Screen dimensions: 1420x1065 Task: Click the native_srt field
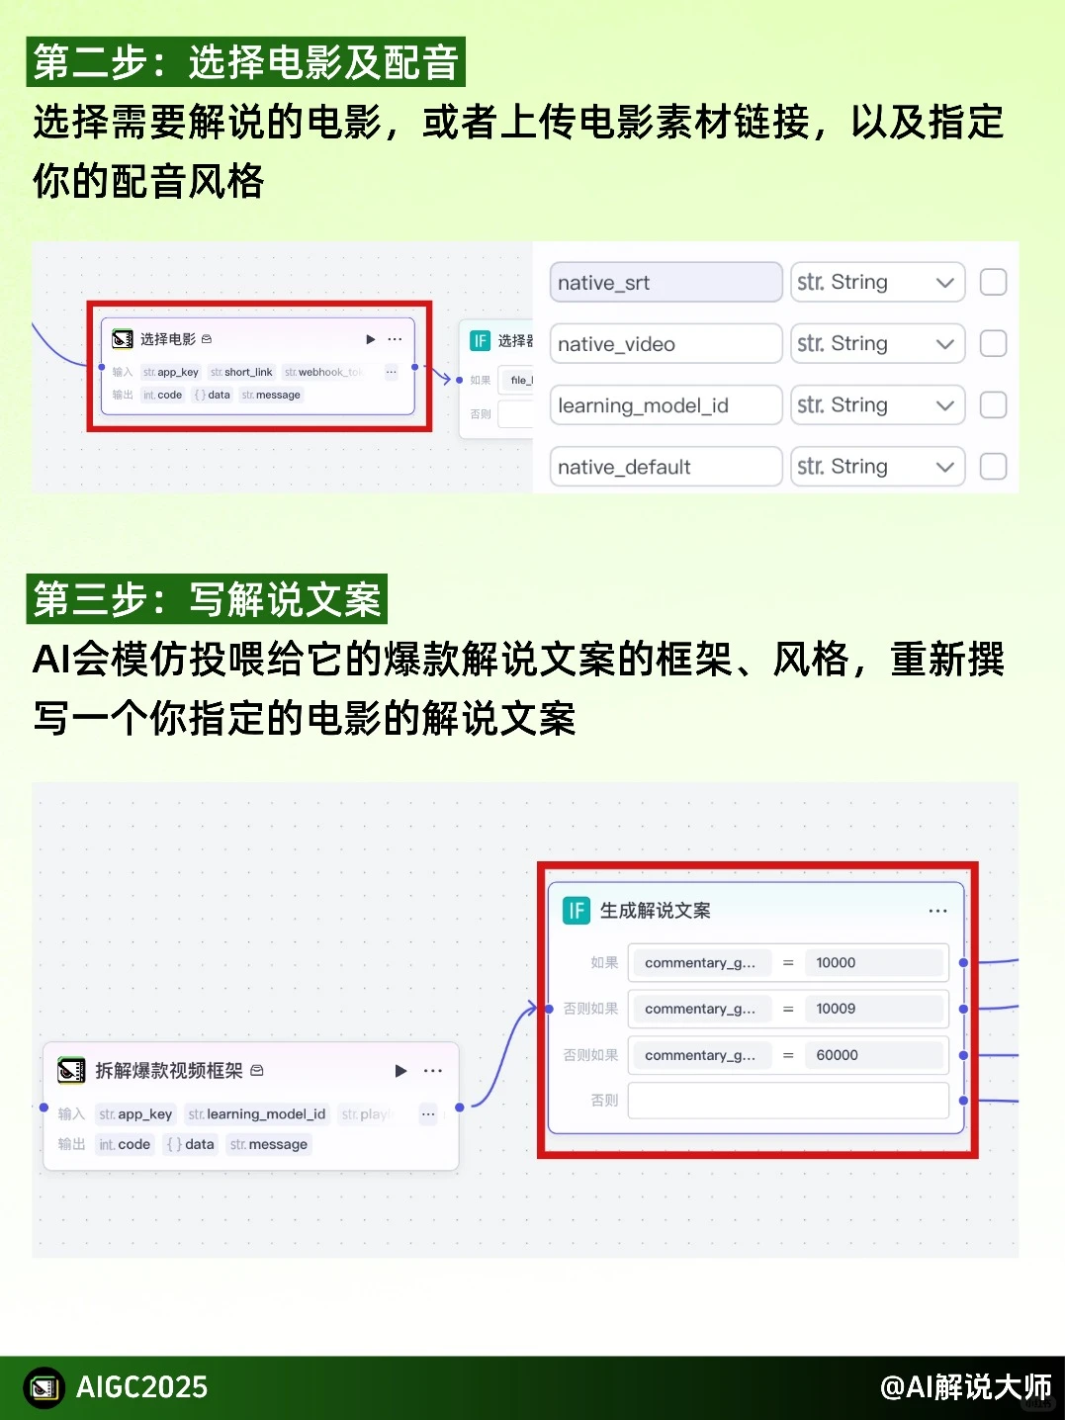click(x=665, y=283)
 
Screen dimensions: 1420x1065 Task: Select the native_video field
click(x=665, y=344)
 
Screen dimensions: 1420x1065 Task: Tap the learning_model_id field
click(x=665, y=405)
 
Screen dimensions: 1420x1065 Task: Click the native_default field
click(x=665, y=467)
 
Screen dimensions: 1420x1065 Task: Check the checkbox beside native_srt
click(x=993, y=283)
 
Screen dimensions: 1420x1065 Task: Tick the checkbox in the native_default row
click(x=993, y=467)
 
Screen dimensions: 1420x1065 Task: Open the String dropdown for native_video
click(x=877, y=344)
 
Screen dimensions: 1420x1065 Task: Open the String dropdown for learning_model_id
click(x=877, y=405)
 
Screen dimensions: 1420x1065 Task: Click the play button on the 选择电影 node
click(x=371, y=339)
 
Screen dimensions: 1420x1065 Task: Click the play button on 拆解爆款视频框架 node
click(x=400, y=1071)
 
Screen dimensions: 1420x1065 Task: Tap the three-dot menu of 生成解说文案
click(x=937, y=911)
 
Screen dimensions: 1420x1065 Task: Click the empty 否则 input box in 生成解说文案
click(x=787, y=1101)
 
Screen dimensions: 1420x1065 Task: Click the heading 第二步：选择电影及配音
click(x=246, y=62)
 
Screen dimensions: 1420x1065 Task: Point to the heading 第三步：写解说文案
click(x=207, y=600)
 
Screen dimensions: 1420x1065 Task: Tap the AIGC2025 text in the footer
click(x=141, y=1387)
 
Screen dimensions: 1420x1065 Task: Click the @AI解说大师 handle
click(x=965, y=1387)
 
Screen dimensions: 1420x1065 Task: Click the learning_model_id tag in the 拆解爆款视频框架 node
click(x=257, y=1114)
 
